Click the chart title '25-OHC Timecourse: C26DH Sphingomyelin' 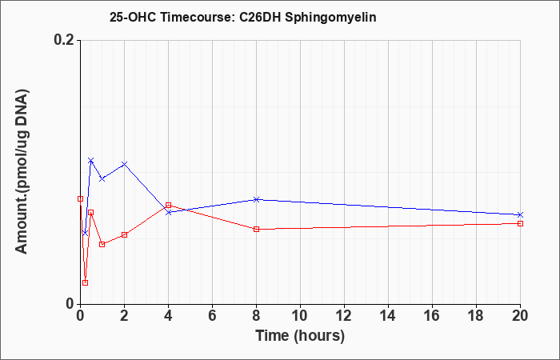pos(243,17)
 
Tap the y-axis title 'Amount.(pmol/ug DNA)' pos(22,171)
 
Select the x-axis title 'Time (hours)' pos(300,336)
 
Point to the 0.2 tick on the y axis pos(66,40)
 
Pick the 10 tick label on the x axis pos(300,316)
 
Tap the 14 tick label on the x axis pos(388,316)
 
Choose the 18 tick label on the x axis pos(477,316)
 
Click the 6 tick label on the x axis pos(212,316)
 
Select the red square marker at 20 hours pos(520,223)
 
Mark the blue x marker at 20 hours pos(520,214)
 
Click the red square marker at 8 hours pos(256,229)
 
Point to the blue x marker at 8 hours pos(256,199)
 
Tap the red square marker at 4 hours pos(168,206)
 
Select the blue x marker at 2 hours pos(124,164)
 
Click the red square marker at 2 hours pos(124,234)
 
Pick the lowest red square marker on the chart pos(85,283)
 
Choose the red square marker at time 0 pos(80,198)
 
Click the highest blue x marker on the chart pos(91,160)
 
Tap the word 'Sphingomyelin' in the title pos(330,18)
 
